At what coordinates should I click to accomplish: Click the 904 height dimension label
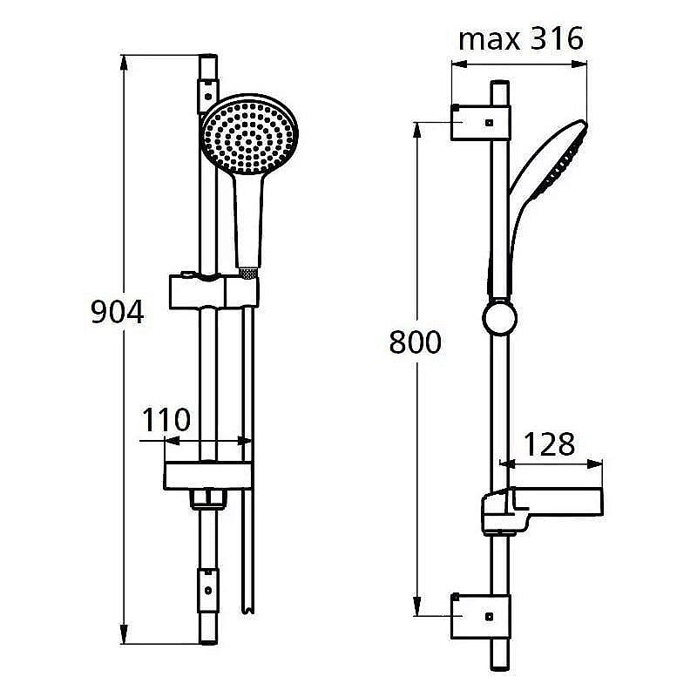tap(117, 312)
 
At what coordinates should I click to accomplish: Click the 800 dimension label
tap(415, 342)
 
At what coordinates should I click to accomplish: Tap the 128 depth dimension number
tap(549, 444)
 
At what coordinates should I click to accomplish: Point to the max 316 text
tap(520, 39)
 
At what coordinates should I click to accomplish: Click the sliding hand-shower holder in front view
tap(212, 290)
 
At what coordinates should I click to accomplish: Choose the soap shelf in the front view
tap(209, 474)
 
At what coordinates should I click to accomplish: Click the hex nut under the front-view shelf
tap(209, 500)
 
